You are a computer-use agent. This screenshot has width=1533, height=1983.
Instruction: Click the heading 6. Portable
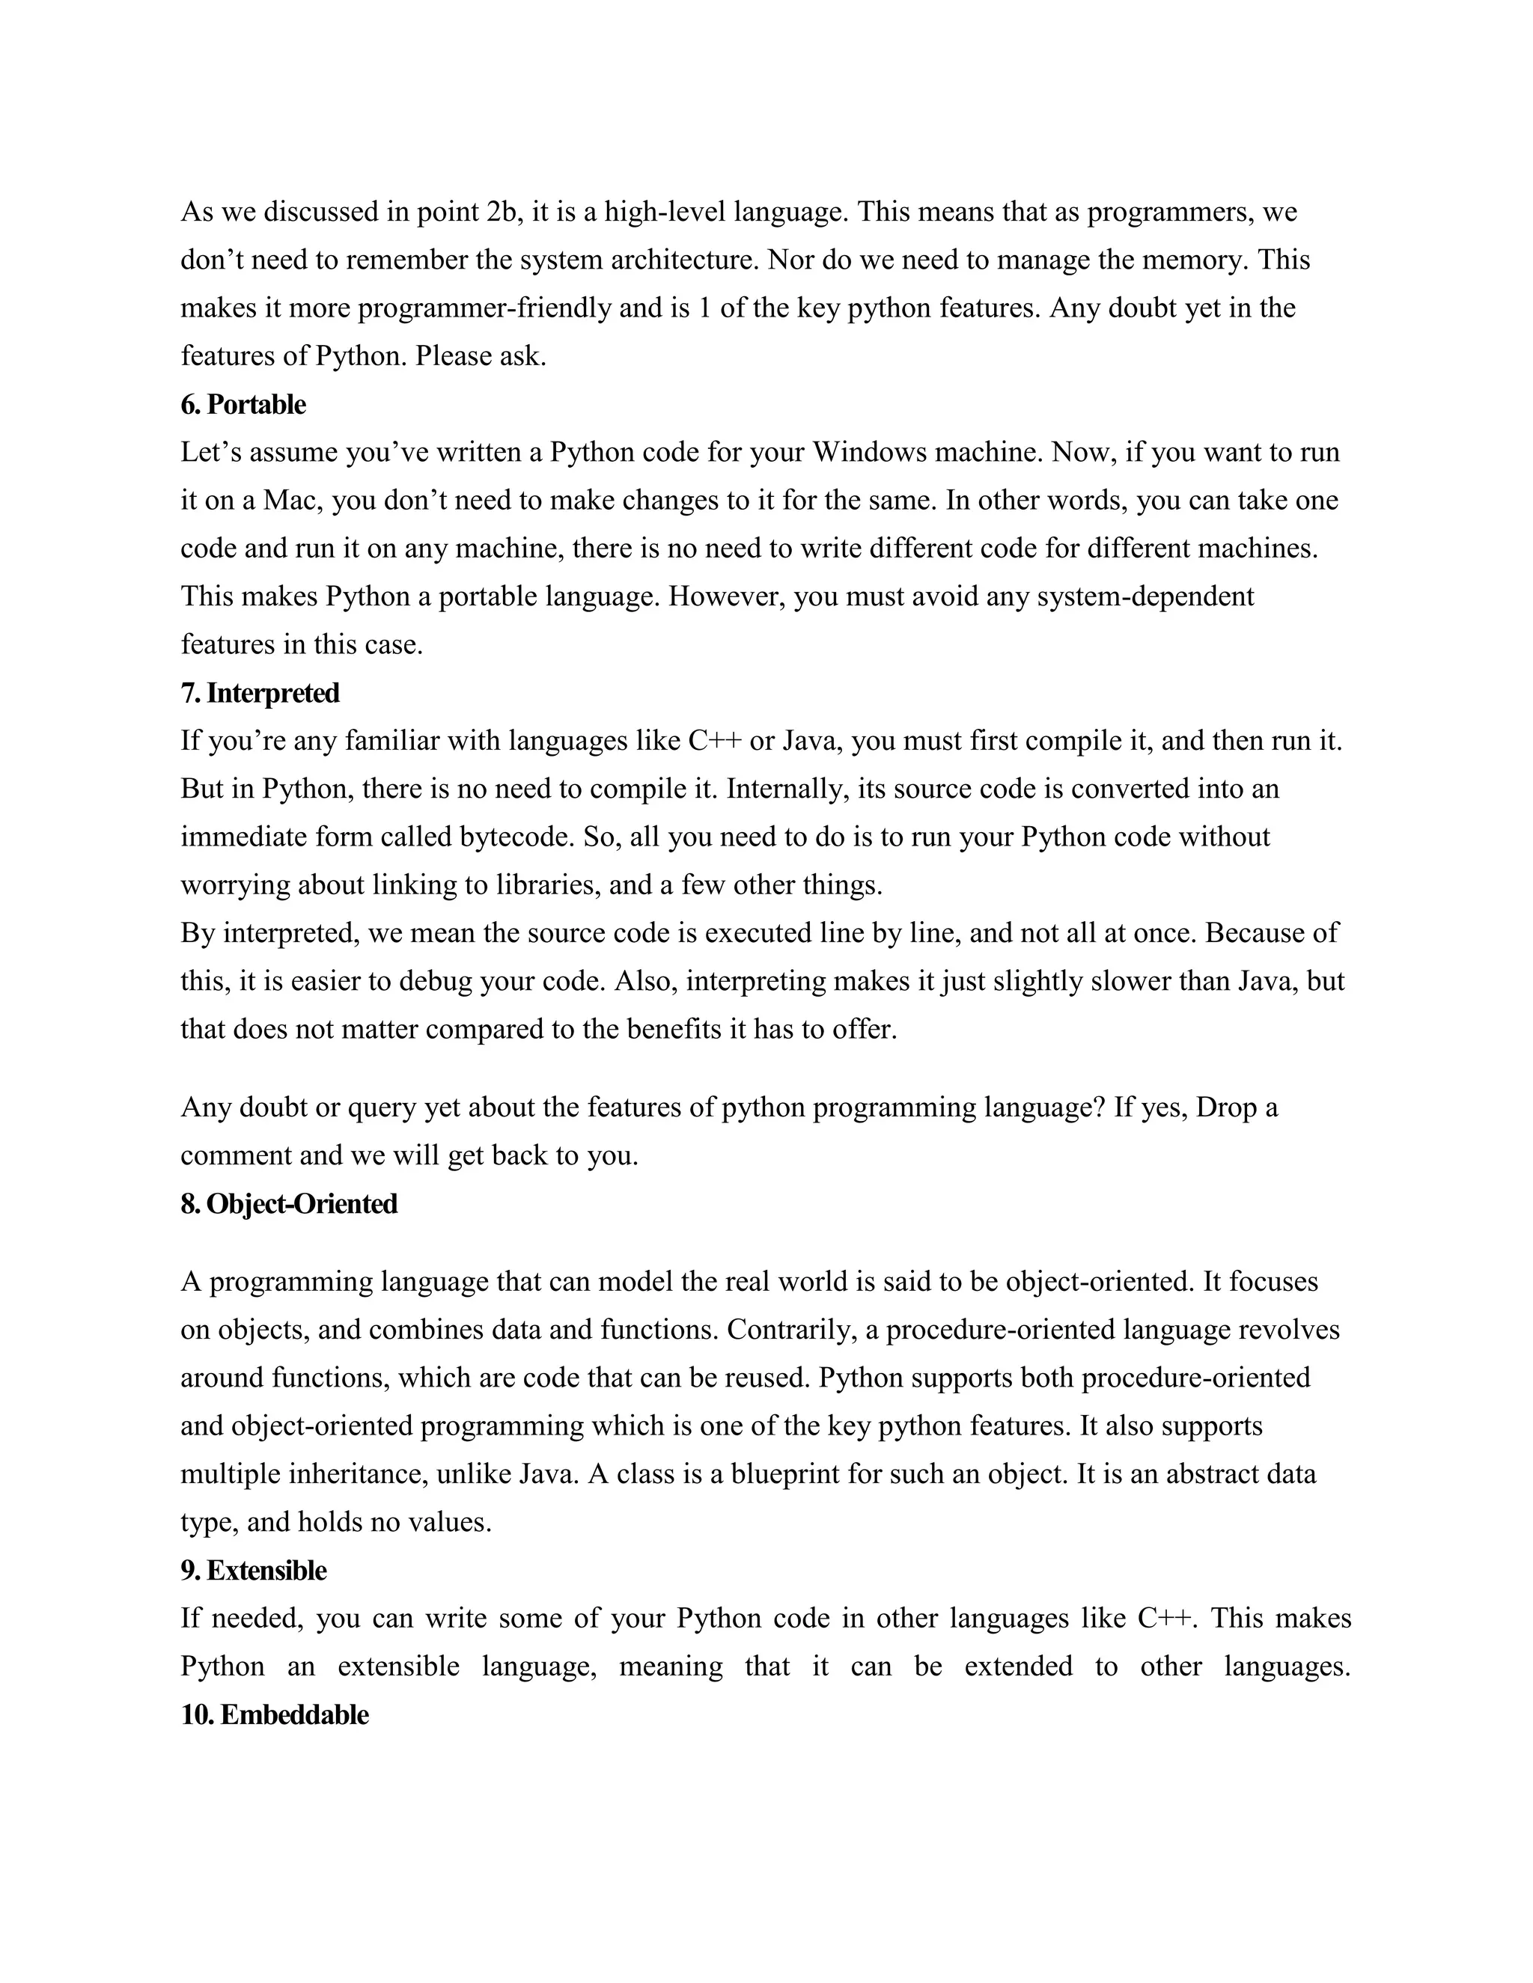point(243,404)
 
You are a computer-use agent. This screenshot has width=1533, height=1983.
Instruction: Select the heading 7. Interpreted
point(260,693)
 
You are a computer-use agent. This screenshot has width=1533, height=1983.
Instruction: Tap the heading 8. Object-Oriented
point(289,1204)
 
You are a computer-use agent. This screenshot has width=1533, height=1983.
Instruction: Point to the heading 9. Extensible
point(254,1570)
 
